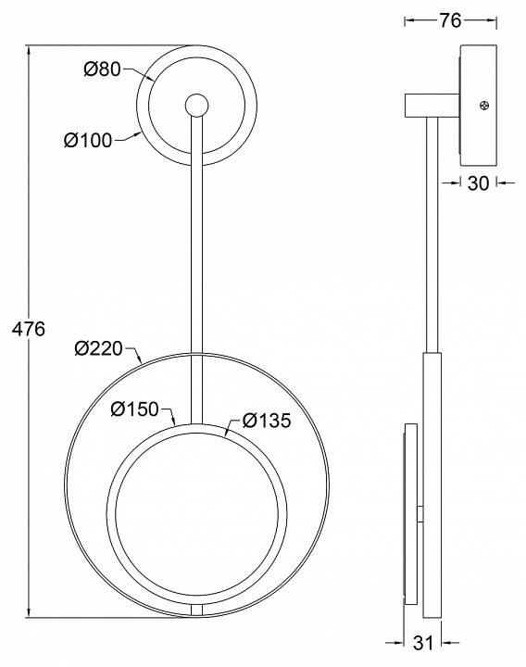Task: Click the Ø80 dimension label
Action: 103,69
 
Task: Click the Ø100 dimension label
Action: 88,140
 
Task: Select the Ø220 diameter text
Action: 99,348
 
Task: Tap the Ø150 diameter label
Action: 135,409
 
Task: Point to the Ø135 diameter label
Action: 267,421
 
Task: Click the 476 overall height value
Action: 29,329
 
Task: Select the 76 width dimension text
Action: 450,20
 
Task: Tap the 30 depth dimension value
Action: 479,182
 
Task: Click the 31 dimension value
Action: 422,643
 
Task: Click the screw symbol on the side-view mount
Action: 484,105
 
